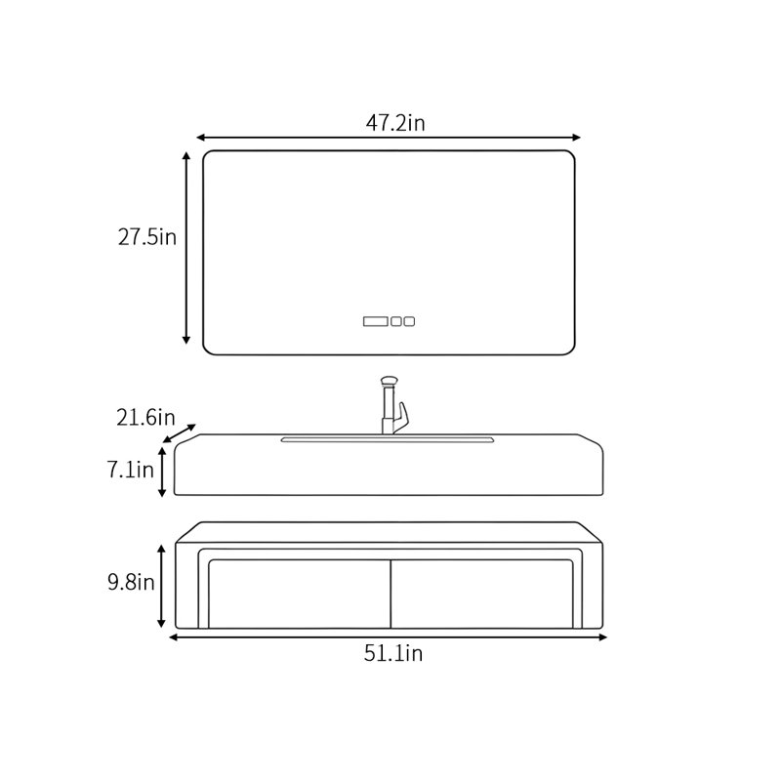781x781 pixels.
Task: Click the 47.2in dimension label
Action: pos(395,123)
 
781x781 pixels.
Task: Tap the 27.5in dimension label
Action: pos(147,236)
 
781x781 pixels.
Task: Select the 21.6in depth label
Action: pos(145,418)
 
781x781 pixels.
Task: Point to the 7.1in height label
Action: pos(131,470)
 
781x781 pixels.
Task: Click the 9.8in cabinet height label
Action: pos(131,582)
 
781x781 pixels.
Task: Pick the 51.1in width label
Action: pos(393,653)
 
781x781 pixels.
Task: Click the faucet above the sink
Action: pos(393,405)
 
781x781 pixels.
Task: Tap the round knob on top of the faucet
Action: pos(389,381)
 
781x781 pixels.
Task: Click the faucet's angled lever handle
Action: pos(401,419)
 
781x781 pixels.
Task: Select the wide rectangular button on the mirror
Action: pos(376,321)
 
